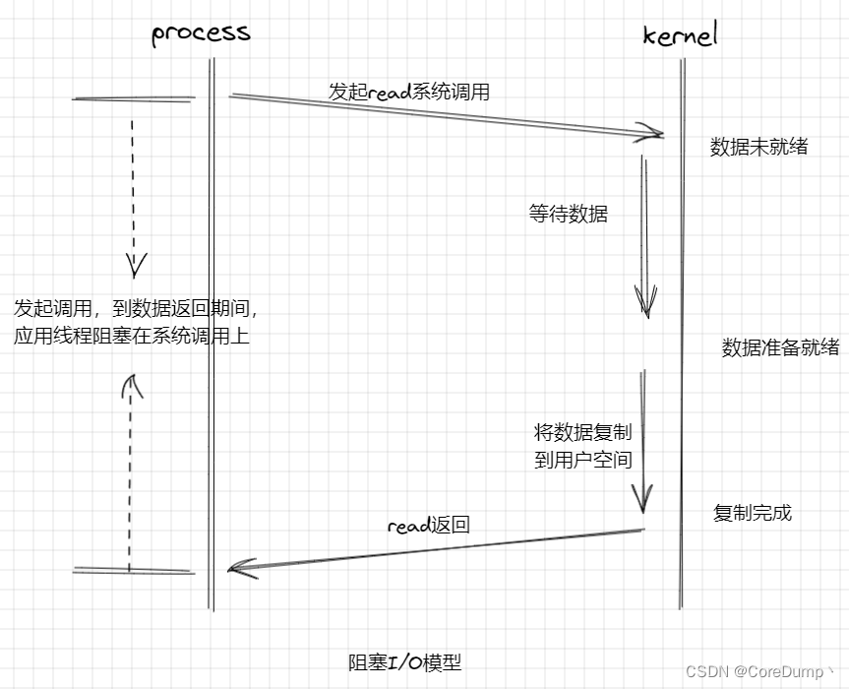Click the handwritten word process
click(201, 32)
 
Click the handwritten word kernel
click(680, 35)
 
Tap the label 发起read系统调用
click(408, 93)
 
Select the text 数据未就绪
click(758, 147)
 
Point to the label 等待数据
click(568, 214)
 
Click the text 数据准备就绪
click(780, 347)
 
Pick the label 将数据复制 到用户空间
click(582, 446)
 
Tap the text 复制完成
click(752, 513)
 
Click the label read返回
click(428, 526)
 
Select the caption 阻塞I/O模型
click(404, 662)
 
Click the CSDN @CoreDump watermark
click(759, 671)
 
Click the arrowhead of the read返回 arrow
click(238, 568)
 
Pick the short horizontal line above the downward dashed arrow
click(133, 98)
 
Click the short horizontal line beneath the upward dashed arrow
click(133, 571)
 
